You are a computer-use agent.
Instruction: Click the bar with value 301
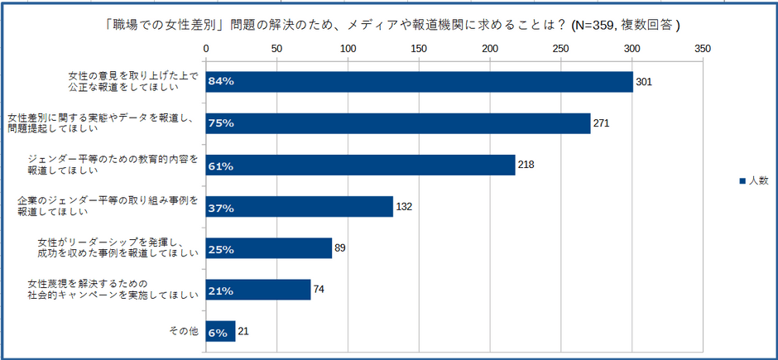[x=419, y=82]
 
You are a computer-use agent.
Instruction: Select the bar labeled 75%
[x=397, y=123]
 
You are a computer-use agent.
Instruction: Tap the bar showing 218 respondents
[x=360, y=166]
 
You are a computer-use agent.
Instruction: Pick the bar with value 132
[x=299, y=207]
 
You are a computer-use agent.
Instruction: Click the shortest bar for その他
[x=220, y=332]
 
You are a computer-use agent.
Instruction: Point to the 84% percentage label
[x=221, y=82]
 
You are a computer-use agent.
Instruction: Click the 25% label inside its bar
[x=221, y=249]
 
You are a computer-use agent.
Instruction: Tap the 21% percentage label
[x=221, y=290]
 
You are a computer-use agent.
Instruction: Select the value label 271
[x=602, y=123]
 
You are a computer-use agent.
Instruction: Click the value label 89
[x=340, y=248]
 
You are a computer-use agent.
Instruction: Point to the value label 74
[x=319, y=290]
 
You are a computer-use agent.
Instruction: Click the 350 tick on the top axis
[x=704, y=49]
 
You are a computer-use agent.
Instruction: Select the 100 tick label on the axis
[x=348, y=49]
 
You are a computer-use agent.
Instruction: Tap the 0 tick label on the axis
[x=206, y=49]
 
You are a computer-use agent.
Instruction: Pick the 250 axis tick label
[x=561, y=49]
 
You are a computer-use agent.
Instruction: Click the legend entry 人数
[x=753, y=180]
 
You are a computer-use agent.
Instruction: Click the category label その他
[x=184, y=331]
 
